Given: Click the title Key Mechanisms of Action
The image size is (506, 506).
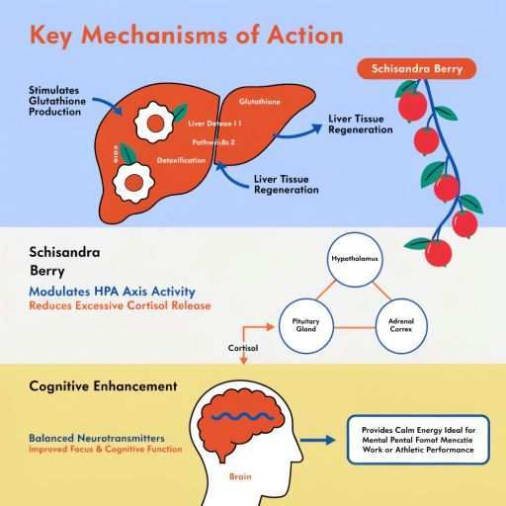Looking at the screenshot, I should click(x=187, y=36).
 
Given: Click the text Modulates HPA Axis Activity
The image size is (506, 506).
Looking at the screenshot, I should click(x=113, y=293).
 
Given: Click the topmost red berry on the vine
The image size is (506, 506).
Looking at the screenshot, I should click(x=406, y=102).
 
